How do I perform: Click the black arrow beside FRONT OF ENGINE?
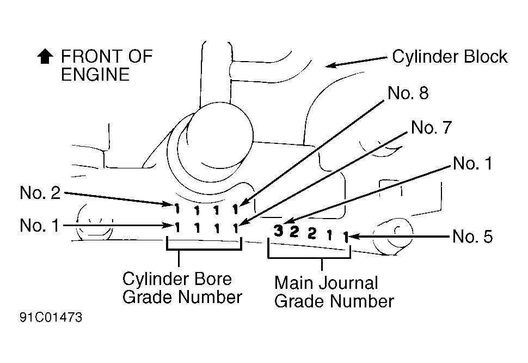[45, 57]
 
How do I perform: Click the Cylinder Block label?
[450, 57]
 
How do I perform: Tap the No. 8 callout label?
[408, 93]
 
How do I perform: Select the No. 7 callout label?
[431, 128]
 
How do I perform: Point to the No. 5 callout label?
[472, 236]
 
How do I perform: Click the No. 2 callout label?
[40, 192]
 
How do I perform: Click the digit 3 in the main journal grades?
[278, 231]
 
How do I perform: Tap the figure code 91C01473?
[51, 317]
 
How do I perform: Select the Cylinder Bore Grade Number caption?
[182, 288]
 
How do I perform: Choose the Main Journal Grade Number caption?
[334, 292]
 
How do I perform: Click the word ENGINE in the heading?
[95, 75]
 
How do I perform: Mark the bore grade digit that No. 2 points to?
[176, 209]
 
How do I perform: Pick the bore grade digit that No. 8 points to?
[235, 209]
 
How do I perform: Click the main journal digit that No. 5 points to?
[346, 237]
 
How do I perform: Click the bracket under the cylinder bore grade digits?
[204, 250]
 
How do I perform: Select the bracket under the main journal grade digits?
[309, 258]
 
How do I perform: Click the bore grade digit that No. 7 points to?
[236, 228]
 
